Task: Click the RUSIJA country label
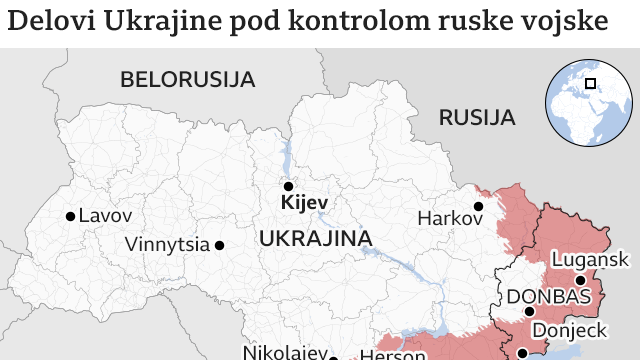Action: coord(477,118)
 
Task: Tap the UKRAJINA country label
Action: coord(315,239)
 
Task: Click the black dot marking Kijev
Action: coord(288,186)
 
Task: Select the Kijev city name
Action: coord(305,204)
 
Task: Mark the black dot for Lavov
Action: coord(69,216)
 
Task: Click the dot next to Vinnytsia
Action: coord(219,244)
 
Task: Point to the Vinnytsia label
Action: coord(167,244)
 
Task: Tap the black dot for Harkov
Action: coord(478,206)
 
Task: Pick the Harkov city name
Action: coord(443,218)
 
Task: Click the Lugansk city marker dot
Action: coord(580,280)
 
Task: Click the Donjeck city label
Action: coord(567,330)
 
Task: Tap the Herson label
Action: coord(385,353)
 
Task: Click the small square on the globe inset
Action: coord(591,84)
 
